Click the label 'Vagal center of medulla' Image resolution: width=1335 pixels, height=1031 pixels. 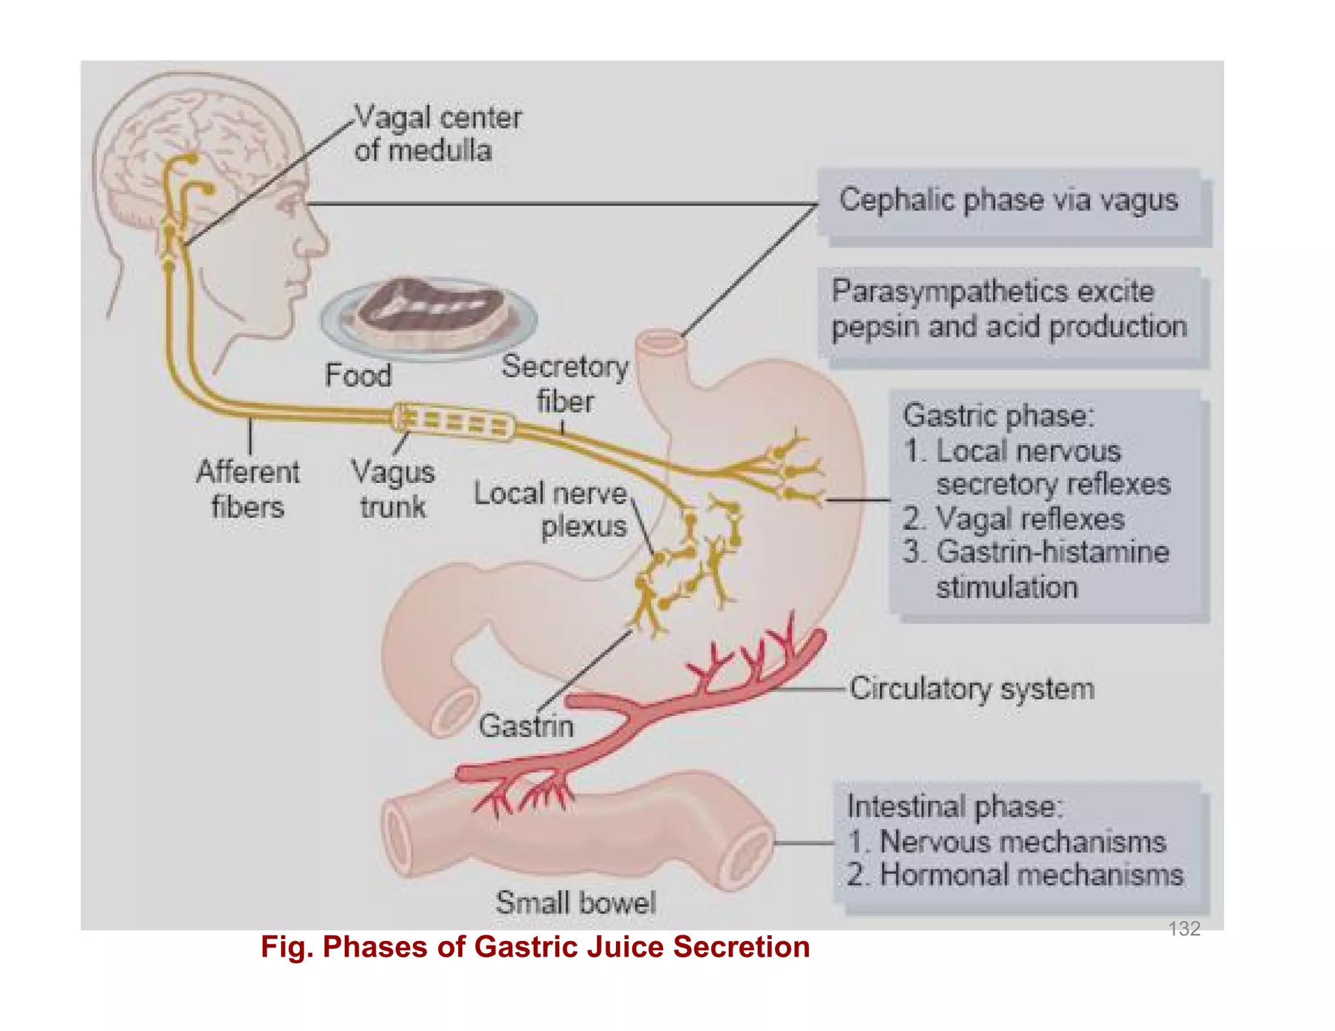[437, 134]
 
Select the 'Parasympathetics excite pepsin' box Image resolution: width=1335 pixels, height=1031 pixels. [1008, 309]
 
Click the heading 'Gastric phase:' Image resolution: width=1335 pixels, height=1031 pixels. [999, 416]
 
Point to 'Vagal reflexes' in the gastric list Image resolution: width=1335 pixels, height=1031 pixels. [1030, 519]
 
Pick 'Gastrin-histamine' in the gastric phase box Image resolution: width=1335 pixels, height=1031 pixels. [1052, 552]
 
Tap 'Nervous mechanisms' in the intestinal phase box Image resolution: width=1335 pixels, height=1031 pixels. [1022, 841]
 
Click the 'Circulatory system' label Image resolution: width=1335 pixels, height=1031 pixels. [971, 689]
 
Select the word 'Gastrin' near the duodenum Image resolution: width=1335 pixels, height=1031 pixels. [526, 726]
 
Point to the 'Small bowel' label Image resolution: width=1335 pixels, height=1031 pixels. [576, 903]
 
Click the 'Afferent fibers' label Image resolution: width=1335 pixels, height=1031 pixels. [248, 489]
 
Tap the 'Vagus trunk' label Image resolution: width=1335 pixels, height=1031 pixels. [393, 489]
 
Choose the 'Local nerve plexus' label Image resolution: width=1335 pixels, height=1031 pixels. [551, 510]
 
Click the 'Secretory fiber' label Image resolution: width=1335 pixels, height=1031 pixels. [565, 383]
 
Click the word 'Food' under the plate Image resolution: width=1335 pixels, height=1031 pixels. [358, 375]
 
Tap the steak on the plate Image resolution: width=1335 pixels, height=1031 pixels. [430, 306]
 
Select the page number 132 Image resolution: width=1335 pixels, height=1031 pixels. [1184, 928]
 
